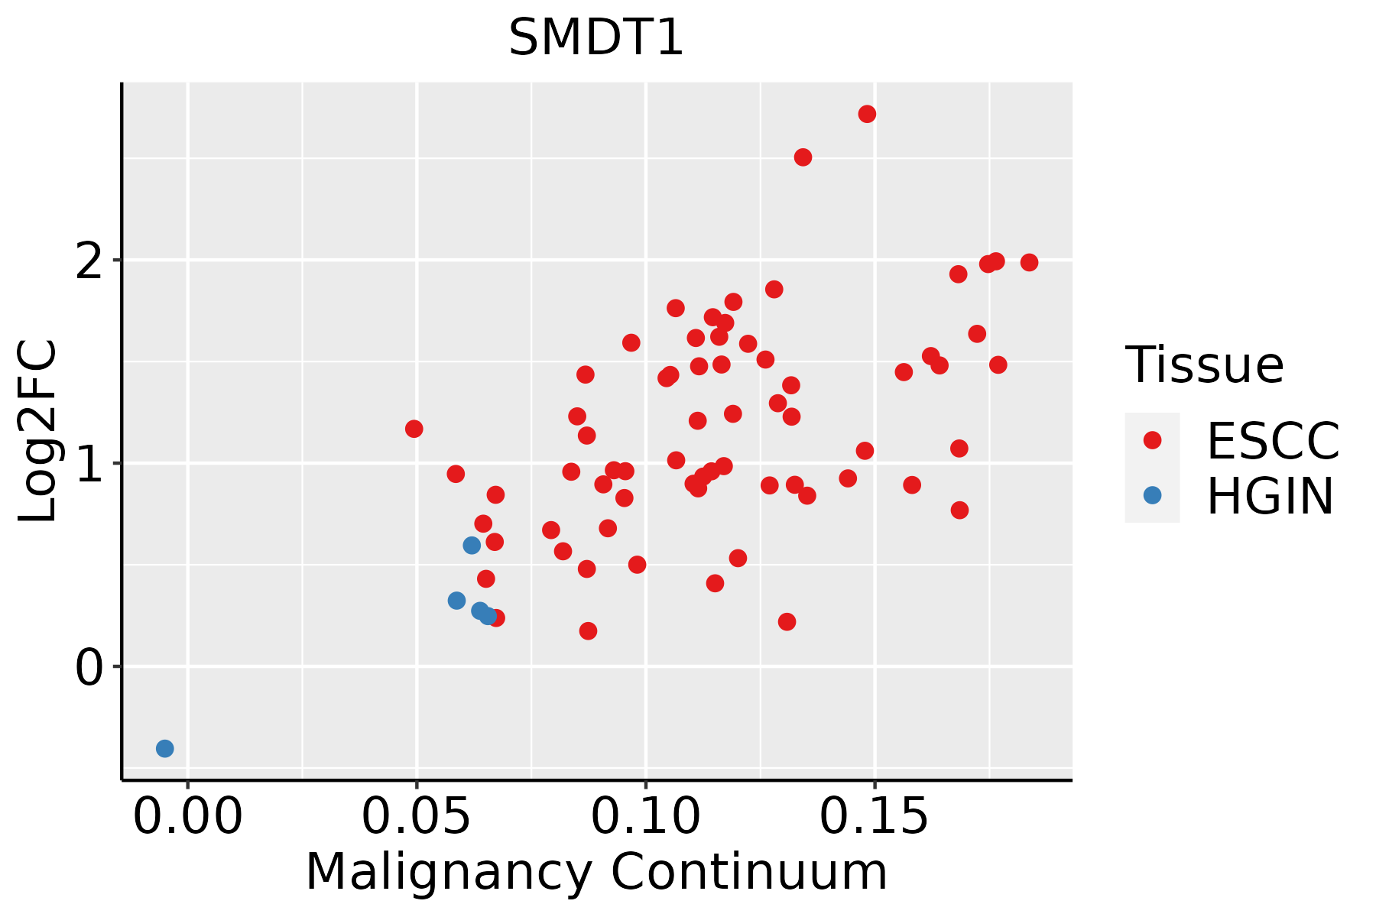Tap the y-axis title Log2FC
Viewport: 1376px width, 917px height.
[38, 431]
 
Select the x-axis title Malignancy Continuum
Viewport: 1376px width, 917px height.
[596, 872]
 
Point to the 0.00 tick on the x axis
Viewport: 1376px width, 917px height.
[187, 817]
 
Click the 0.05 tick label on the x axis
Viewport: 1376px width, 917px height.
[417, 817]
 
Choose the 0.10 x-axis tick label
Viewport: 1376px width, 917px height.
[646, 817]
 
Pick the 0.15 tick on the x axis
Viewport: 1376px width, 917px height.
[875, 817]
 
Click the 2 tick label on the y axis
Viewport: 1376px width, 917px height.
[90, 261]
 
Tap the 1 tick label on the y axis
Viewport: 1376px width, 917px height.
[90, 464]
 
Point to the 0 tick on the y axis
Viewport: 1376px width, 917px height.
[90, 667]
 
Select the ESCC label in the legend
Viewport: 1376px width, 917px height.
[1273, 441]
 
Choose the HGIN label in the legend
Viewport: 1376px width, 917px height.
[1271, 496]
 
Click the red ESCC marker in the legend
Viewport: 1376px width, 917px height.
[1152, 440]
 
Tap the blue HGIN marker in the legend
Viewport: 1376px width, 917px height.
[1152, 495]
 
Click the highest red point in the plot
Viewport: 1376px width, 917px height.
[867, 114]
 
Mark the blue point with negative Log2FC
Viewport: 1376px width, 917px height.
[164, 748]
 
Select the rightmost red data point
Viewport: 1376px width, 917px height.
[1029, 262]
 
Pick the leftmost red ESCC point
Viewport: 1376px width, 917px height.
[414, 429]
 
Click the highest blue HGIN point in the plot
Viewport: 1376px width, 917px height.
[472, 545]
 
